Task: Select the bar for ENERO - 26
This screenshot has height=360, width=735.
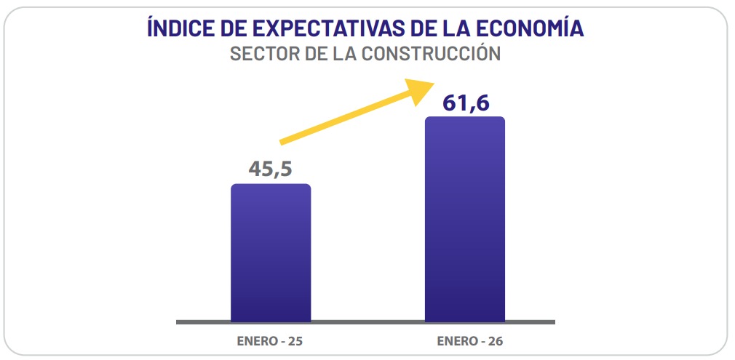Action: pos(465,219)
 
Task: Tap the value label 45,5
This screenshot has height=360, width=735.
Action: pos(271,169)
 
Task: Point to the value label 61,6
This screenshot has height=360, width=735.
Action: pos(465,103)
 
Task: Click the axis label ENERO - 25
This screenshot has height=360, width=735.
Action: pos(271,340)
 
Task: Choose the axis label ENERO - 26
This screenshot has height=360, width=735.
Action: pos(465,340)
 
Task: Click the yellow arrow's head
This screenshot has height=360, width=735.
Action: pos(421,91)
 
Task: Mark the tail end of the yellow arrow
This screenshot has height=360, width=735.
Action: pos(282,140)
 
